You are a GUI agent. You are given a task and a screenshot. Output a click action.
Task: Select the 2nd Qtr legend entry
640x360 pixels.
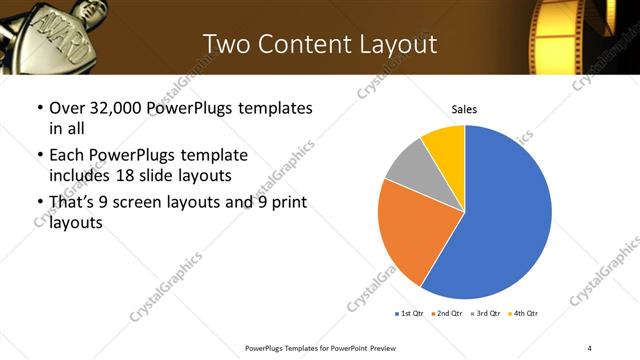(448, 314)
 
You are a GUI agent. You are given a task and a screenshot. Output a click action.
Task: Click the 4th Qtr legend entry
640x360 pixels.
(524, 314)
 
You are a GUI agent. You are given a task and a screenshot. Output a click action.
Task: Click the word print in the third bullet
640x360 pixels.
(286, 203)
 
